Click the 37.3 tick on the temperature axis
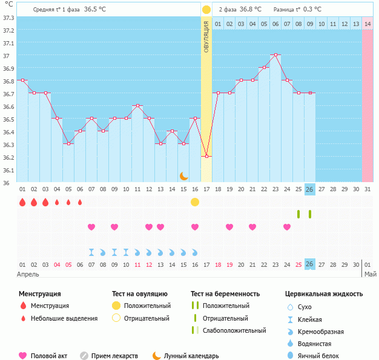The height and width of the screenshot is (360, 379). tap(8, 18)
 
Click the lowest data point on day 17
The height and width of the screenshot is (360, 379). tap(206, 156)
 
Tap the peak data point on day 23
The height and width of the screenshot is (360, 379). tap(275, 54)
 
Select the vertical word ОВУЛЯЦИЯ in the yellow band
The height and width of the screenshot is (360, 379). tap(206, 36)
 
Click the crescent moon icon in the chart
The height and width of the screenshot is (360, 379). tap(183, 175)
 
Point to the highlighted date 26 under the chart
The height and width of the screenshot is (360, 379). tap(309, 189)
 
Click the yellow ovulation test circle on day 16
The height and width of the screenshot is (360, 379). tap(195, 201)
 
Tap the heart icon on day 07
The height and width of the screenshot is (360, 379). tap(91, 227)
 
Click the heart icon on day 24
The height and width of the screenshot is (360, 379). tap(287, 227)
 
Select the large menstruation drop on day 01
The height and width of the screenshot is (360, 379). tap(22, 202)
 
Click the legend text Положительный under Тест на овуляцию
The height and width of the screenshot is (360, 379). tap(147, 306)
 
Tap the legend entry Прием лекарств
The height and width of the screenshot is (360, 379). tap(114, 356)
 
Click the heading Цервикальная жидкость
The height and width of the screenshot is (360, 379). tap(324, 293)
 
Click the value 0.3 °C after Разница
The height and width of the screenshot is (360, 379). tap(312, 9)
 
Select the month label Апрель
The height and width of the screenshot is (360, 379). tap(28, 274)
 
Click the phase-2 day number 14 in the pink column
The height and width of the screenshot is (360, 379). tap(367, 24)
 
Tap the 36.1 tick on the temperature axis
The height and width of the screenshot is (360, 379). tap(8, 170)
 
